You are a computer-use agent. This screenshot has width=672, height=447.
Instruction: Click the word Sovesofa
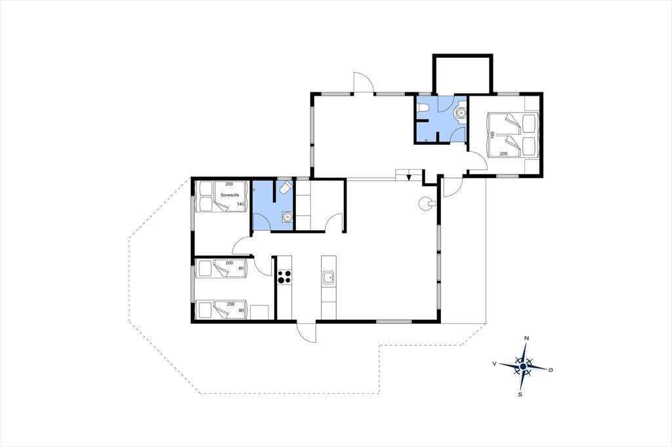229,195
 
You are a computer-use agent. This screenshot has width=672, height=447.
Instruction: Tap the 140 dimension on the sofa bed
240,204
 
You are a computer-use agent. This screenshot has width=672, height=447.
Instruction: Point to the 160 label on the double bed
493,135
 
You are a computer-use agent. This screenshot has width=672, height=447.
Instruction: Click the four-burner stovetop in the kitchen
284,277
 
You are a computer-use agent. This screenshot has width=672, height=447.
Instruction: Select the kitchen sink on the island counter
329,277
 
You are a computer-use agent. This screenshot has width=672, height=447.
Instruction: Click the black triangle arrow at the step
409,176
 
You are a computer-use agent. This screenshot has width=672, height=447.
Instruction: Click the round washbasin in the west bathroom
286,217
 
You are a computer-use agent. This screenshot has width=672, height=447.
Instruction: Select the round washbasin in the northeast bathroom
460,113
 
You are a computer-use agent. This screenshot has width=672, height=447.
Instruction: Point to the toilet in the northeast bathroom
422,111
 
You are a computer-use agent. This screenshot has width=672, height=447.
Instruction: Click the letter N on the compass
527,338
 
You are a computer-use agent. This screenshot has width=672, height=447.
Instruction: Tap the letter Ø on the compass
551,370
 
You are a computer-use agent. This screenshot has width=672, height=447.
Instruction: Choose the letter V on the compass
495,364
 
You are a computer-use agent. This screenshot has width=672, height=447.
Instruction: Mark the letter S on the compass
520,395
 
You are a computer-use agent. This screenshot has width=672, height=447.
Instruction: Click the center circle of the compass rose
523,366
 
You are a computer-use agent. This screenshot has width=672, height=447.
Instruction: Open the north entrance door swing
362,82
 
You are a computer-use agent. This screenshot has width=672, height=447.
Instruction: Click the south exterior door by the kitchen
306,332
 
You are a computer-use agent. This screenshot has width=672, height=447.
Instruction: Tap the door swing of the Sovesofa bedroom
241,246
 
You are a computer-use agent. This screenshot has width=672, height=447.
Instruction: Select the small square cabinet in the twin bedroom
260,312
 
